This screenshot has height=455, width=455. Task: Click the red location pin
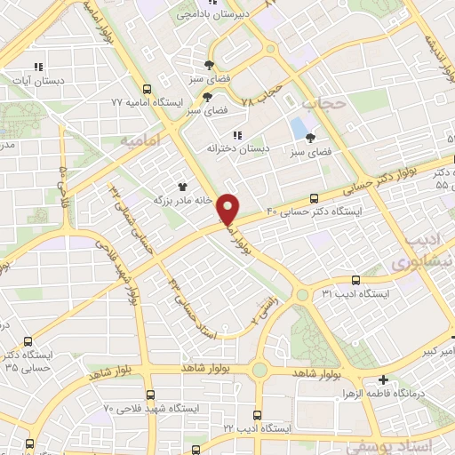pos(229,210)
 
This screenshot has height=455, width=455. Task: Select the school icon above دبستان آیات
pos(37,67)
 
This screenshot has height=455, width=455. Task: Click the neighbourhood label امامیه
pos(138,140)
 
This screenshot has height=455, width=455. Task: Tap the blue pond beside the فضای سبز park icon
pos(296,130)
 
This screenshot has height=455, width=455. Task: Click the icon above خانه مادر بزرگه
pos(182,187)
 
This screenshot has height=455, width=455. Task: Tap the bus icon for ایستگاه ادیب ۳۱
pos(355,279)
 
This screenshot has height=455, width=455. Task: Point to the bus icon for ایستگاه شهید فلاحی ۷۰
pos(149,395)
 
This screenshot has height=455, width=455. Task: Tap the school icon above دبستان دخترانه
pos(236,134)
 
